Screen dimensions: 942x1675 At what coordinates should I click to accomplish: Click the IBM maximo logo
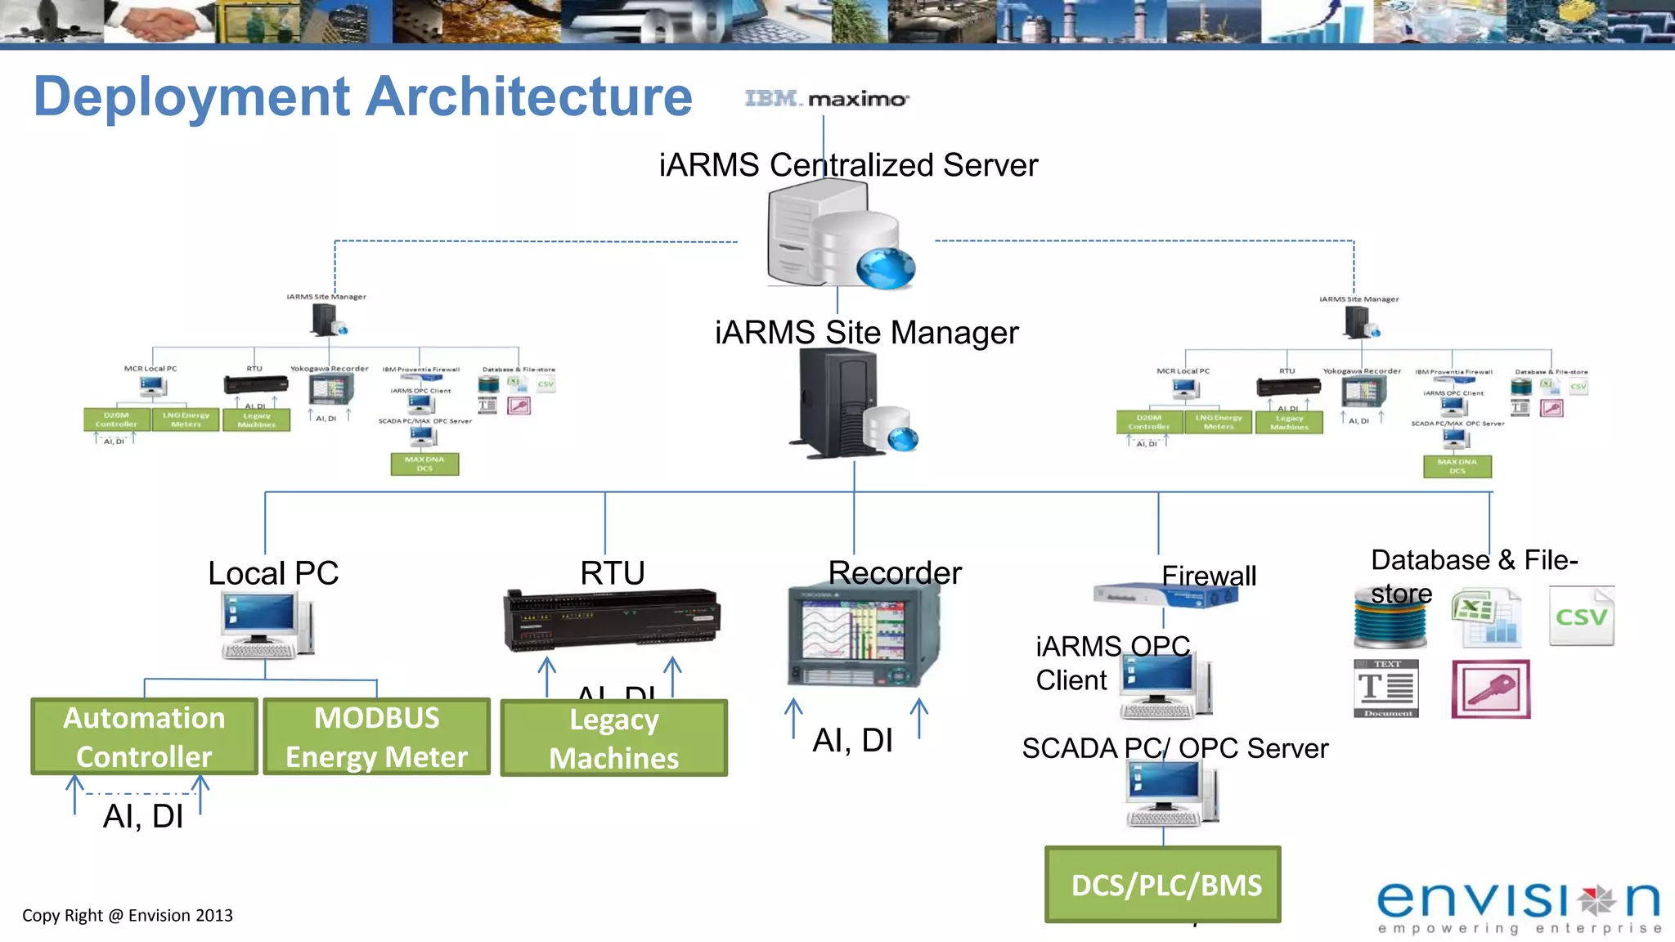(x=826, y=99)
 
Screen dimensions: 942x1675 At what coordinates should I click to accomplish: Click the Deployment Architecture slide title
(x=363, y=96)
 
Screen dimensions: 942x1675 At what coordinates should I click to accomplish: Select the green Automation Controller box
(x=144, y=737)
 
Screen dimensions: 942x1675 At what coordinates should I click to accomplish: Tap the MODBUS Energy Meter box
(x=376, y=737)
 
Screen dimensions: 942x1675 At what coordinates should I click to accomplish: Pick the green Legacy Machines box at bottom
(x=613, y=738)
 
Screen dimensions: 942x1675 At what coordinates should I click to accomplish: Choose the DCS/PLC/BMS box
(x=1163, y=885)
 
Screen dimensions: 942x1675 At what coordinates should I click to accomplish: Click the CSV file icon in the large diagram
(x=1582, y=617)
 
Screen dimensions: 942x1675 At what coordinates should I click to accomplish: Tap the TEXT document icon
(x=1385, y=689)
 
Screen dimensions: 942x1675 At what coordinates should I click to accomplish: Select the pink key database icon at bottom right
(x=1490, y=689)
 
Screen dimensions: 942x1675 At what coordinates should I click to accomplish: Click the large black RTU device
(x=612, y=619)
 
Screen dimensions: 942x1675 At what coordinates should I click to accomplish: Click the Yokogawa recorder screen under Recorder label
(x=854, y=630)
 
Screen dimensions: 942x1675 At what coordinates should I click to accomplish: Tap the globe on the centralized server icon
(x=886, y=268)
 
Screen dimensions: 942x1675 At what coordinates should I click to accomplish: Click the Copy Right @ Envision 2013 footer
(x=128, y=916)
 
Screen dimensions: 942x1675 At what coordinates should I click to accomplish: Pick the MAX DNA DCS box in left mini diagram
(x=424, y=464)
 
